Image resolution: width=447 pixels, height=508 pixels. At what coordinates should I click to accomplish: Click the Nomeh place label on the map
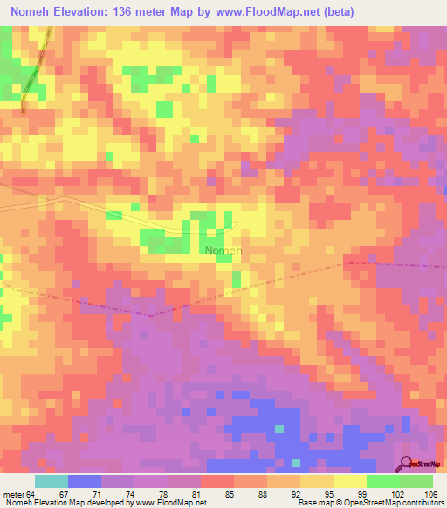(223, 251)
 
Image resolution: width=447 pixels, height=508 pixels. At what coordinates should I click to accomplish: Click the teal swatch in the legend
(52, 481)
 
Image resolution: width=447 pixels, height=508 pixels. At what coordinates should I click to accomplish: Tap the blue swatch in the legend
(85, 481)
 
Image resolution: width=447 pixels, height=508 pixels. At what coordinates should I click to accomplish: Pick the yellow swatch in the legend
(350, 481)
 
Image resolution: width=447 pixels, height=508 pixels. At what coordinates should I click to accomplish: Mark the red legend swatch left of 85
(217, 481)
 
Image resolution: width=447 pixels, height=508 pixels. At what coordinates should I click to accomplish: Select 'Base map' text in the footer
(313, 503)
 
